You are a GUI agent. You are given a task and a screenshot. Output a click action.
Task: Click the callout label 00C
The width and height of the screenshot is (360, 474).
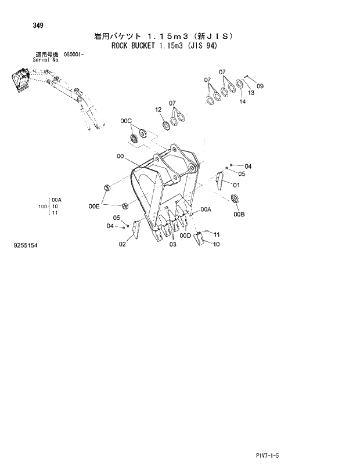click(x=126, y=121)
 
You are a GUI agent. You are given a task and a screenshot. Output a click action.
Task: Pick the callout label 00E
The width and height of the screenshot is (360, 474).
click(x=94, y=206)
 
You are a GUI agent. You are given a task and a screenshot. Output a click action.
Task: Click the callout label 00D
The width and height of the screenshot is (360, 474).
click(x=185, y=236)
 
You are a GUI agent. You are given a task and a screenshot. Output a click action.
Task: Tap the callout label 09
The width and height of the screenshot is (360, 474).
click(x=260, y=86)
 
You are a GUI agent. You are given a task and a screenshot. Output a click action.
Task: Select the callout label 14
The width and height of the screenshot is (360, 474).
click(x=242, y=102)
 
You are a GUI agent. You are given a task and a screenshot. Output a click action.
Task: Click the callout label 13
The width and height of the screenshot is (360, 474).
click(x=251, y=93)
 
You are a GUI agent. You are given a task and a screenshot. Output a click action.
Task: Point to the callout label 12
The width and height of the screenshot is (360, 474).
click(x=159, y=110)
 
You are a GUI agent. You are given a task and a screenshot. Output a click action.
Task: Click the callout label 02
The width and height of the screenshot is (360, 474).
click(x=123, y=244)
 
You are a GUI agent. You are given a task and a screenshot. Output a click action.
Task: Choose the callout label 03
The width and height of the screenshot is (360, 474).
click(x=172, y=245)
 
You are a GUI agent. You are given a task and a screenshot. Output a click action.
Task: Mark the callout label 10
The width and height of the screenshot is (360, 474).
click(x=216, y=244)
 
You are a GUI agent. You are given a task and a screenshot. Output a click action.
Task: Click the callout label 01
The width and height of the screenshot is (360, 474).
click(x=236, y=184)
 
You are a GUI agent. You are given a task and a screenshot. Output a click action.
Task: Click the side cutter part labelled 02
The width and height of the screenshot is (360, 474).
click(x=135, y=230)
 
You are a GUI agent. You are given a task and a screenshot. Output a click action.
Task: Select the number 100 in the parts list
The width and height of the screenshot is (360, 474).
click(x=42, y=206)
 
